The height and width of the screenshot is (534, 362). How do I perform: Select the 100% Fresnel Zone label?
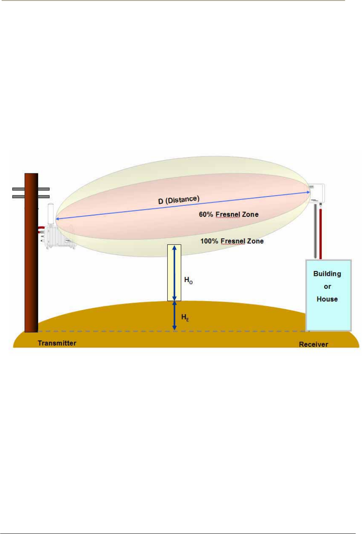[232, 241]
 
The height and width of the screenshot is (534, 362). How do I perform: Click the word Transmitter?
[57, 343]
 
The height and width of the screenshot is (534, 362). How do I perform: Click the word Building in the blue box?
[327, 273]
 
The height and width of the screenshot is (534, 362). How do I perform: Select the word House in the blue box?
[327, 299]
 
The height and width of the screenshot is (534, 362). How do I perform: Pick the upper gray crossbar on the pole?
[31, 189]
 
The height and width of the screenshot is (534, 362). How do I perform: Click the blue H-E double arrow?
[175, 316]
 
